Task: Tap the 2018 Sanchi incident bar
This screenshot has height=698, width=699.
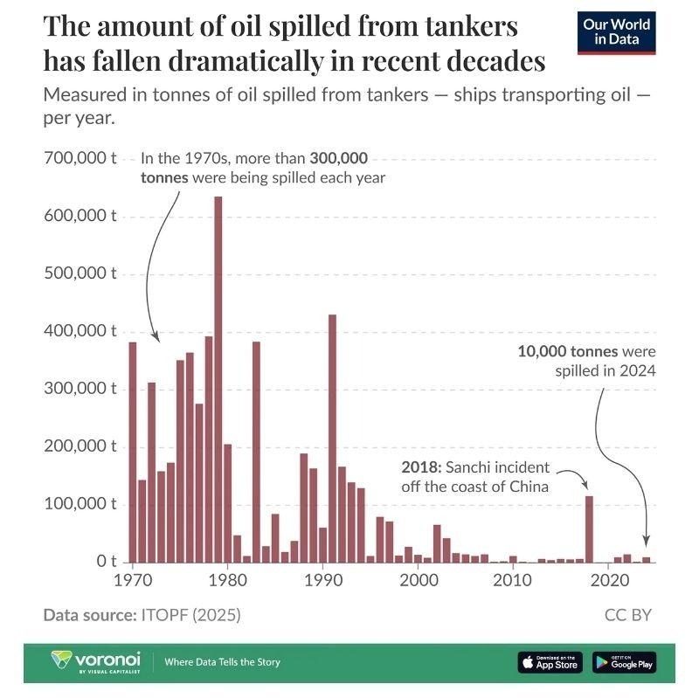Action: coord(589,529)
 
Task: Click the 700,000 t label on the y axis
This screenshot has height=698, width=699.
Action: coord(80,159)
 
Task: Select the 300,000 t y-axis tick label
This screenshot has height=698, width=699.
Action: coord(80,389)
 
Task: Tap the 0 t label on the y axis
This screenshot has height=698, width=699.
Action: coord(101,561)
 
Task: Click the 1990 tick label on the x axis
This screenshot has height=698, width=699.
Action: coord(322,579)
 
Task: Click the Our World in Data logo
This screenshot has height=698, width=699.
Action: coord(618,31)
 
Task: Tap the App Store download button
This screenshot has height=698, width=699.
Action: coord(550,662)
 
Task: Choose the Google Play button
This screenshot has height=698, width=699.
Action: coord(624,662)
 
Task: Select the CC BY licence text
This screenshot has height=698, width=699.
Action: coord(627,615)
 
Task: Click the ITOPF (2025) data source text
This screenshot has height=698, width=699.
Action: coord(190,615)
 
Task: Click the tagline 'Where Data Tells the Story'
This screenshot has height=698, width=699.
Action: coord(223,662)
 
